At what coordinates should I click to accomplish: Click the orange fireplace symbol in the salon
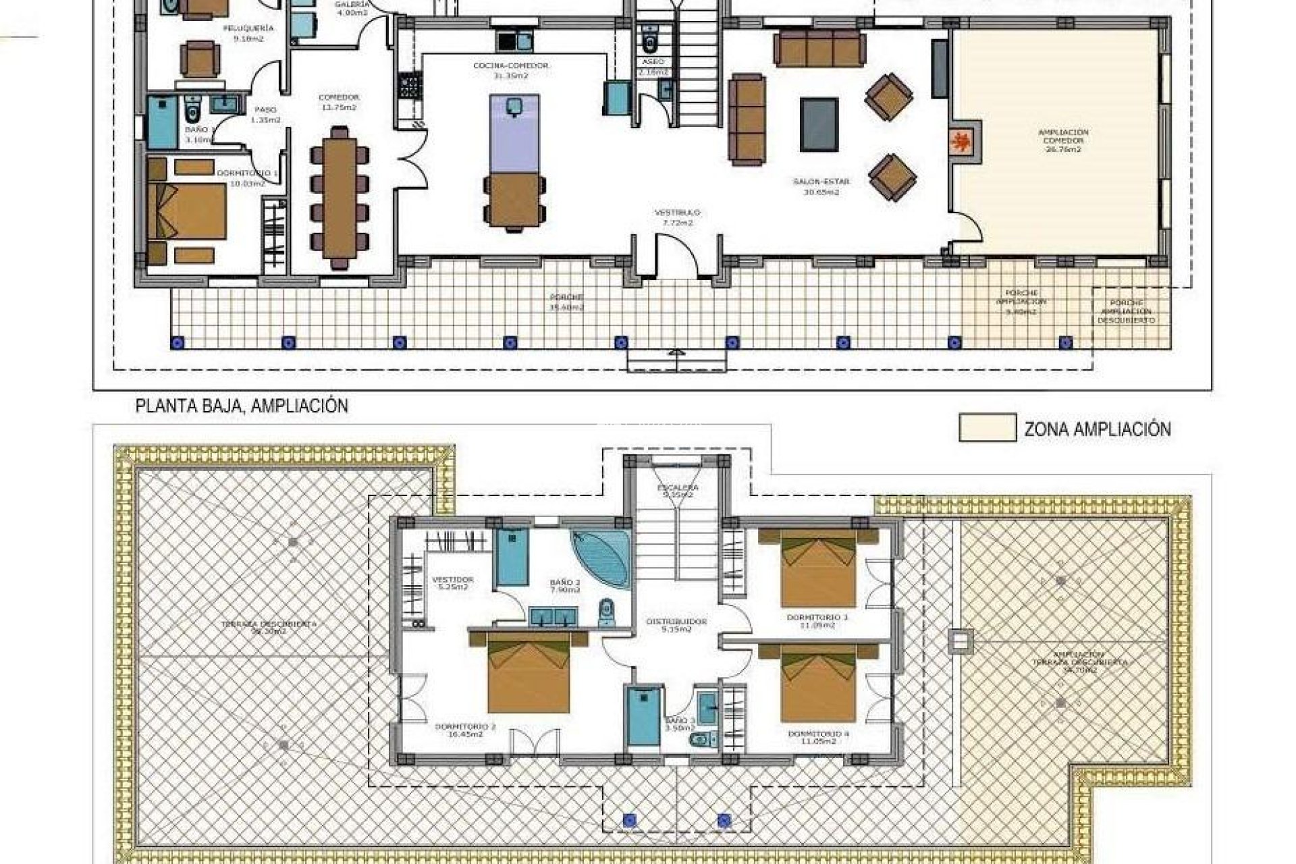pyautogui.click(x=961, y=143)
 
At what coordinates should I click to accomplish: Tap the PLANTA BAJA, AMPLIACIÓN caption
pyautogui.click(x=242, y=406)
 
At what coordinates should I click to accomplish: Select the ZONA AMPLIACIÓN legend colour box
pyautogui.click(x=987, y=429)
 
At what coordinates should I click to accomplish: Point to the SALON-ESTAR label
pyautogui.click(x=821, y=186)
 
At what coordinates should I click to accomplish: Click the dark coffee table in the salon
pyautogui.click(x=819, y=124)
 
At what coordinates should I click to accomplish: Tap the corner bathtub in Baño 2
pyautogui.click(x=601, y=560)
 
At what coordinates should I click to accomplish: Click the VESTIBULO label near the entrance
pyautogui.click(x=677, y=217)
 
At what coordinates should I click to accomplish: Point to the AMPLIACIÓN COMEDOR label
pyautogui.click(x=1063, y=140)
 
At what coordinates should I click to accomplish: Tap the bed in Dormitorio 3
pyautogui.click(x=818, y=569)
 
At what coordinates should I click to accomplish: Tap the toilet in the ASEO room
pyautogui.click(x=650, y=43)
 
